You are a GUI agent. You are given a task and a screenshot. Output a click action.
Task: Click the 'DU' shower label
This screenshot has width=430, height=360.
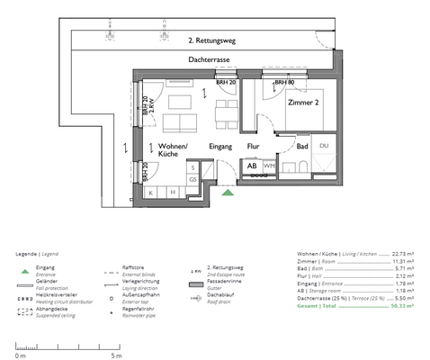[324, 145]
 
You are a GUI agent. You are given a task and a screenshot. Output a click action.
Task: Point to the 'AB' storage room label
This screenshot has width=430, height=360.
[252, 166]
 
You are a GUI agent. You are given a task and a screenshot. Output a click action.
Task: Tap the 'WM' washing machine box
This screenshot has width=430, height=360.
[269, 166]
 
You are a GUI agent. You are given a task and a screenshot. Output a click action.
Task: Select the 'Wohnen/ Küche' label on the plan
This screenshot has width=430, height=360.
[171, 149]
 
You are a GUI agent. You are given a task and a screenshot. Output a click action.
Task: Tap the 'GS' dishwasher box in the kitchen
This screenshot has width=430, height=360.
[193, 179]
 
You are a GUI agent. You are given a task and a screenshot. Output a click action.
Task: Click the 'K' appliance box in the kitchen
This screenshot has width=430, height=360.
[151, 192]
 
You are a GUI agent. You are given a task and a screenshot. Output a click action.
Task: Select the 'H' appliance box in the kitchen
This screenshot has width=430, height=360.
[170, 192]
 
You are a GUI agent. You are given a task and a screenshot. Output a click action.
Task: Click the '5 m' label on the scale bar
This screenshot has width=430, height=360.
[116, 356]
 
